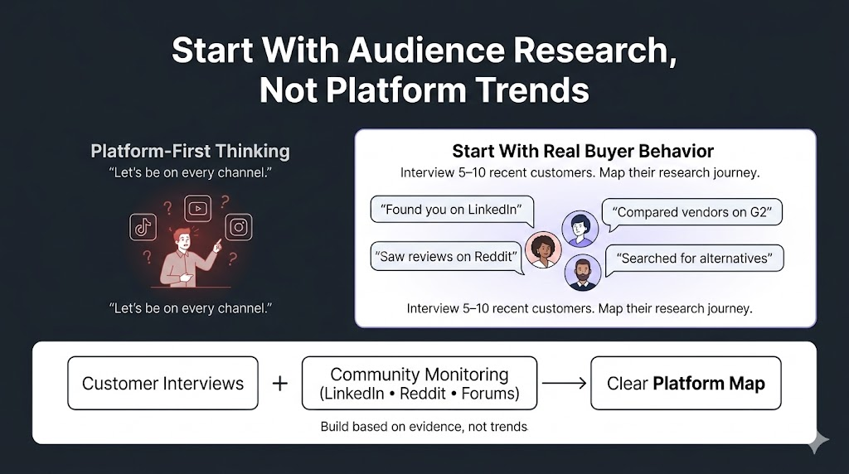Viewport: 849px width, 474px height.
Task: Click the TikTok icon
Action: [143, 227]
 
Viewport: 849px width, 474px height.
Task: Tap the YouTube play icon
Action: [197, 208]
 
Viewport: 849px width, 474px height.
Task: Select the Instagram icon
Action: [239, 227]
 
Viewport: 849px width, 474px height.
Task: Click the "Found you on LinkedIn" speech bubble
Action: [452, 210]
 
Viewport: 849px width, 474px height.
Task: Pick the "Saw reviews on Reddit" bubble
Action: [448, 257]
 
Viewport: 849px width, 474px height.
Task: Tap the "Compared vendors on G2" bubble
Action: [692, 212]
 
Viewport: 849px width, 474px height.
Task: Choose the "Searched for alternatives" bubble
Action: [694, 258]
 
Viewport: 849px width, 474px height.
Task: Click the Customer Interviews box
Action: [163, 383]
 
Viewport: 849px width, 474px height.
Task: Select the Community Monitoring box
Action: [419, 383]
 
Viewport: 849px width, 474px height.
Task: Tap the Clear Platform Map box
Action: [686, 383]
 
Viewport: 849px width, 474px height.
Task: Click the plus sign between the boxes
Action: [280, 384]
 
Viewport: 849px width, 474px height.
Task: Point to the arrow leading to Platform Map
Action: [564, 383]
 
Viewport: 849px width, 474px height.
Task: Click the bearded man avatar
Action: [583, 272]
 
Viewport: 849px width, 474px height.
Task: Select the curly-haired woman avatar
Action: [543, 249]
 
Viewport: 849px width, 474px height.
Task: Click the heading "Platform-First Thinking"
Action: [190, 151]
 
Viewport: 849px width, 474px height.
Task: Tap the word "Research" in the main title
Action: [591, 51]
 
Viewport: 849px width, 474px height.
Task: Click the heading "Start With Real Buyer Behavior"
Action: [583, 151]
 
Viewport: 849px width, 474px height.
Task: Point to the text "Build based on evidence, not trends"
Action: [424, 427]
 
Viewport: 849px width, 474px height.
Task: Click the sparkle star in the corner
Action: [817, 442]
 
